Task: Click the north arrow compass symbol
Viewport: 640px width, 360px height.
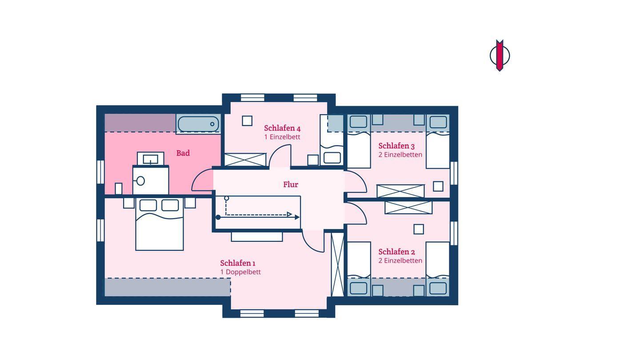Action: point(500,56)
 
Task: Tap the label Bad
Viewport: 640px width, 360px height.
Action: point(183,153)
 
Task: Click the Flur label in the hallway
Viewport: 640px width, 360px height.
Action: point(291,184)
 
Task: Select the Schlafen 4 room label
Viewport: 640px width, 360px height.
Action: point(282,128)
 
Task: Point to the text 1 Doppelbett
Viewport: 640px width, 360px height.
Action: point(240,272)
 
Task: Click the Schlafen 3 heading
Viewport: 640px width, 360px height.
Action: point(396,146)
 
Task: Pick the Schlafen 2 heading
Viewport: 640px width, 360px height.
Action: point(396,252)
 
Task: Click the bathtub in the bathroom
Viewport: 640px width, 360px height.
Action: point(198,124)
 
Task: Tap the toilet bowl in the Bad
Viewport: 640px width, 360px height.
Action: point(140,180)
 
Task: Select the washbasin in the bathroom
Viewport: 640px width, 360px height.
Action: point(151,159)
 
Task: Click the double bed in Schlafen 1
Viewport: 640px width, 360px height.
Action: point(160,224)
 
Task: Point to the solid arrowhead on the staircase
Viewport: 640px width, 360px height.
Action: point(297,217)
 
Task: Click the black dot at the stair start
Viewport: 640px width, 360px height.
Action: point(218,217)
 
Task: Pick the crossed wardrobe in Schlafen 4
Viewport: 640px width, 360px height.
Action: point(245,160)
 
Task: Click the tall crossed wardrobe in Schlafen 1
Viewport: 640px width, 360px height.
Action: point(337,264)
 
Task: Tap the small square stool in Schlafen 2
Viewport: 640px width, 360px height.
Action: point(419,229)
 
